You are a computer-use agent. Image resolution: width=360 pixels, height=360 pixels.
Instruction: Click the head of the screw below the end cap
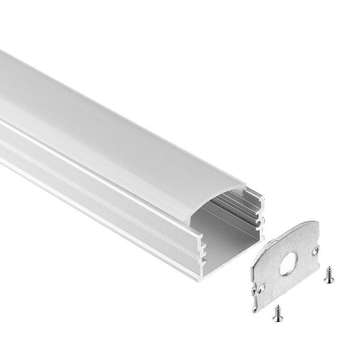point(278,317)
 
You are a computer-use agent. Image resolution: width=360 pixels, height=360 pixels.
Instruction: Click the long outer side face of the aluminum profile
point(90,192)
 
